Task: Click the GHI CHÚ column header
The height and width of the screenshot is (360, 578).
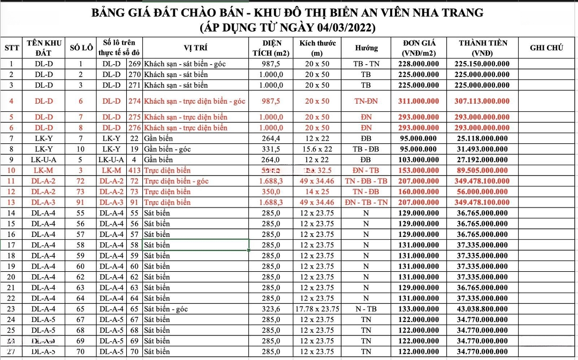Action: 546,48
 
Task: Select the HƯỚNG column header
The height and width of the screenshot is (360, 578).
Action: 366,48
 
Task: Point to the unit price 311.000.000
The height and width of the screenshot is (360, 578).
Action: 420,102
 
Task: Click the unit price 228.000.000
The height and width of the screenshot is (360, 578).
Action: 420,64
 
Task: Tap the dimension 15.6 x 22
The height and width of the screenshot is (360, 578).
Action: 317,149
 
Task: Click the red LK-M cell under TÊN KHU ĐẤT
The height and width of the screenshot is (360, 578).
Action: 43,170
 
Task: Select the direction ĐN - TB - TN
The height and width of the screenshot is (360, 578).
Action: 366,202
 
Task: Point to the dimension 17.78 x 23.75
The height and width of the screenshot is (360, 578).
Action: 317,309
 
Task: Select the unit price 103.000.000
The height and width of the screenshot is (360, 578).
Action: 420,159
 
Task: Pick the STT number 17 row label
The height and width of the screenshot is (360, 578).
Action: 12,245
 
